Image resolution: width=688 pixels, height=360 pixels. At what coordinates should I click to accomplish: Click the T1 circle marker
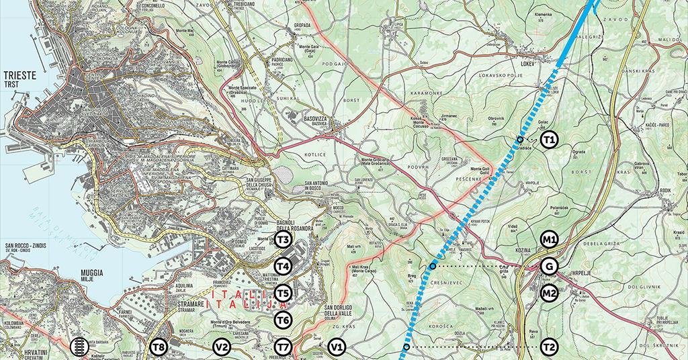[550, 140]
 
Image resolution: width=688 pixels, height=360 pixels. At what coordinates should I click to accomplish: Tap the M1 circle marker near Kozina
[550, 239]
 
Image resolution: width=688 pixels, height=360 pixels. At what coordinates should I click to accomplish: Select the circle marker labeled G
[550, 267]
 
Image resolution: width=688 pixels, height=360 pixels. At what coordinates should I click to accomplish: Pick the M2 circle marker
[550, 294]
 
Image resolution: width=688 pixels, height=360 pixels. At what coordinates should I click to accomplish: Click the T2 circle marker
[550, 347]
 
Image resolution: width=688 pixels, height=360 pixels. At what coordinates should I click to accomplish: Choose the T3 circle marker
[283, 240]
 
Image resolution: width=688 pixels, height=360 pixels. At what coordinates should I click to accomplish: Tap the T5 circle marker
[283, 294]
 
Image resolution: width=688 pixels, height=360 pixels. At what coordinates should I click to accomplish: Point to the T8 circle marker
[159, 347]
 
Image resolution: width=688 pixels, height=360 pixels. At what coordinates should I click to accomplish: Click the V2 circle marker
[222, 347]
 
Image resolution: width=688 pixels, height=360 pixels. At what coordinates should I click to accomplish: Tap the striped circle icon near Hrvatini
[79, 347]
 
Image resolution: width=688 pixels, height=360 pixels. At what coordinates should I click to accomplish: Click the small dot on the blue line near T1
[520, 140]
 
